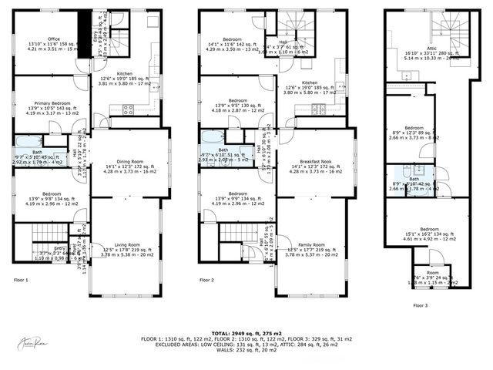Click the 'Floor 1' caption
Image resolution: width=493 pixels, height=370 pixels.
[x=21, y=280]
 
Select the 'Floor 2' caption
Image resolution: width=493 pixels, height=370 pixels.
[x=206, y=280]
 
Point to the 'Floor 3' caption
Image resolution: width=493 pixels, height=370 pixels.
[x=421, y=306]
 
